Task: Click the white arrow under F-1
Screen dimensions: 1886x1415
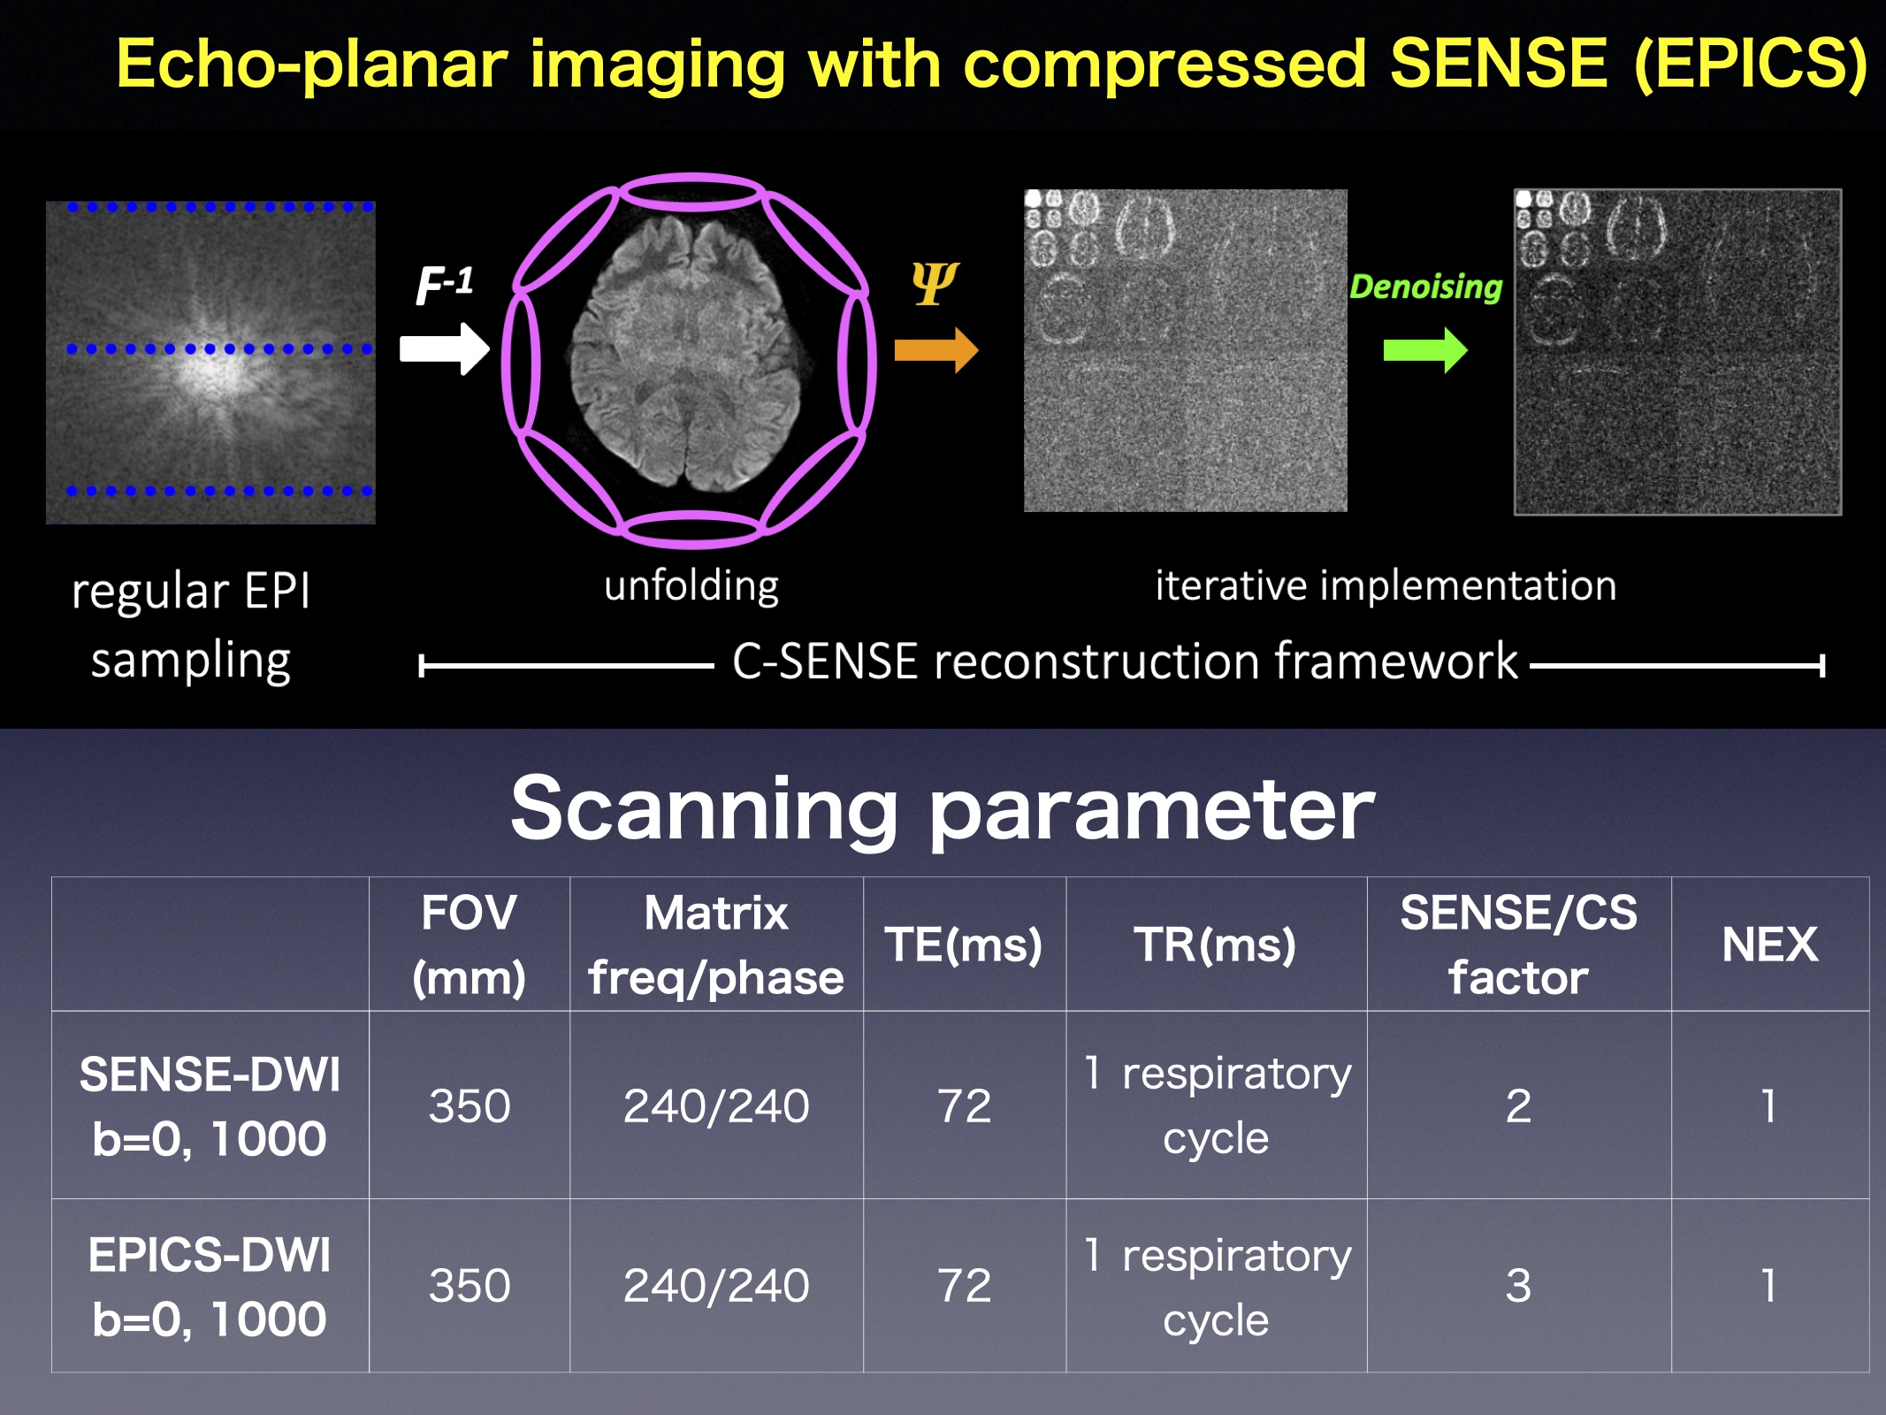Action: tap(444, 348)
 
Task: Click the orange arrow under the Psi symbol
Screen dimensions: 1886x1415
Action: tap(936, 350)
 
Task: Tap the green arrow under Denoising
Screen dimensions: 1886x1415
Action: tap(1425, 350)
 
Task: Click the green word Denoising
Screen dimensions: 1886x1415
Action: tap(1425, 287)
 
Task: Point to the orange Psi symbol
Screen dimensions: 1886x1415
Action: tap(935, 283)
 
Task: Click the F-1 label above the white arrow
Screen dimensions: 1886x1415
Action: tap(445, 285)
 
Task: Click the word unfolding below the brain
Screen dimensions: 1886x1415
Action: tap(691, 585)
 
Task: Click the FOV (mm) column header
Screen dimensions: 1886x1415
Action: tap(469, 945)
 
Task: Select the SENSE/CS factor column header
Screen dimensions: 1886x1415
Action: tap(1518, 945)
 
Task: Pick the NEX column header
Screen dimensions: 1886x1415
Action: tap(1769, 945)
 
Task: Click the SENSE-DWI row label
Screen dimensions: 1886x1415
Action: tap(210, 1105)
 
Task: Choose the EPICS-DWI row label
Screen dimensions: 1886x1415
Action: tap(210, 1286)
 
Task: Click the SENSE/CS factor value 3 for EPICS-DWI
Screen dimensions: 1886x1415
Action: tap(1518, 1286)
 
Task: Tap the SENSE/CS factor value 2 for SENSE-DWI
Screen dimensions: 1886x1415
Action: tap(1518, 1105)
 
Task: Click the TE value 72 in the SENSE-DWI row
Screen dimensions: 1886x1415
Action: tap(964, 1105)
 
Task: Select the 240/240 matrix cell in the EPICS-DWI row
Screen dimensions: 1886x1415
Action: tap(716, 1286)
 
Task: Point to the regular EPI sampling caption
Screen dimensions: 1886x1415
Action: tap(191, 624)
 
